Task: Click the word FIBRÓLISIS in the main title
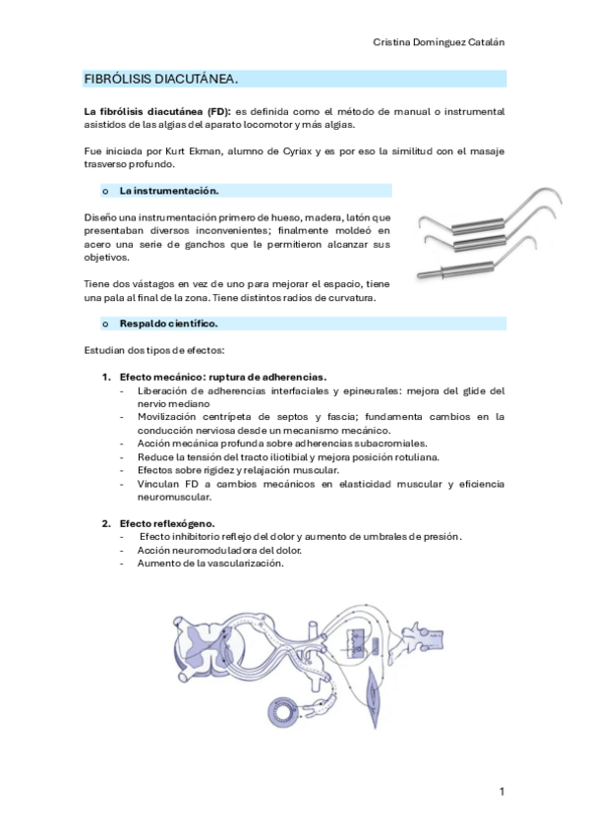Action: pos(115,78)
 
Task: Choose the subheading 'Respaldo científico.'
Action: pos(168,323)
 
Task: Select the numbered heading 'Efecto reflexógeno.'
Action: pos(167,523)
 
